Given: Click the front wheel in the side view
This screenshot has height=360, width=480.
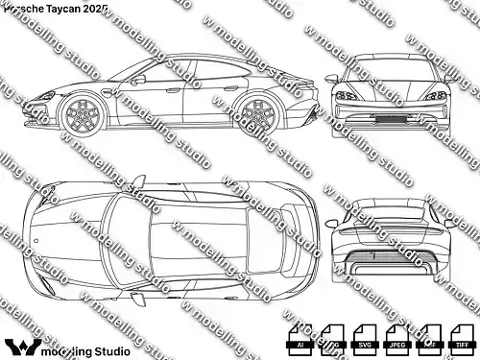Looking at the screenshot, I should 82,113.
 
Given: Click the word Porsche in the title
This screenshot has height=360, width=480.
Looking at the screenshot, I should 25,8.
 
